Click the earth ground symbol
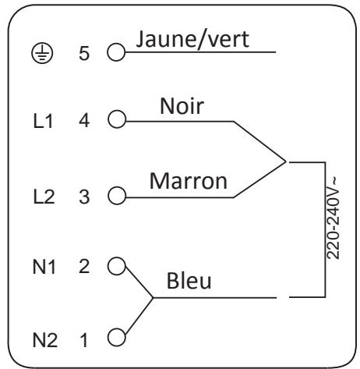42,53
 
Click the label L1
43,121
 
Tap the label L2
44,197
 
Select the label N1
44,267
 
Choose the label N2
45,340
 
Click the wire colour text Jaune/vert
192,40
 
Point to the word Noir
182,106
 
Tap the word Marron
189,181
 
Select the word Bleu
189,281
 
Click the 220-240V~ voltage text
333,218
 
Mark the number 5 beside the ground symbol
84,54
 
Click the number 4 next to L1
84,121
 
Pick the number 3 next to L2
84,197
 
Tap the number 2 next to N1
84,266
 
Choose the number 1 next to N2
83,340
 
